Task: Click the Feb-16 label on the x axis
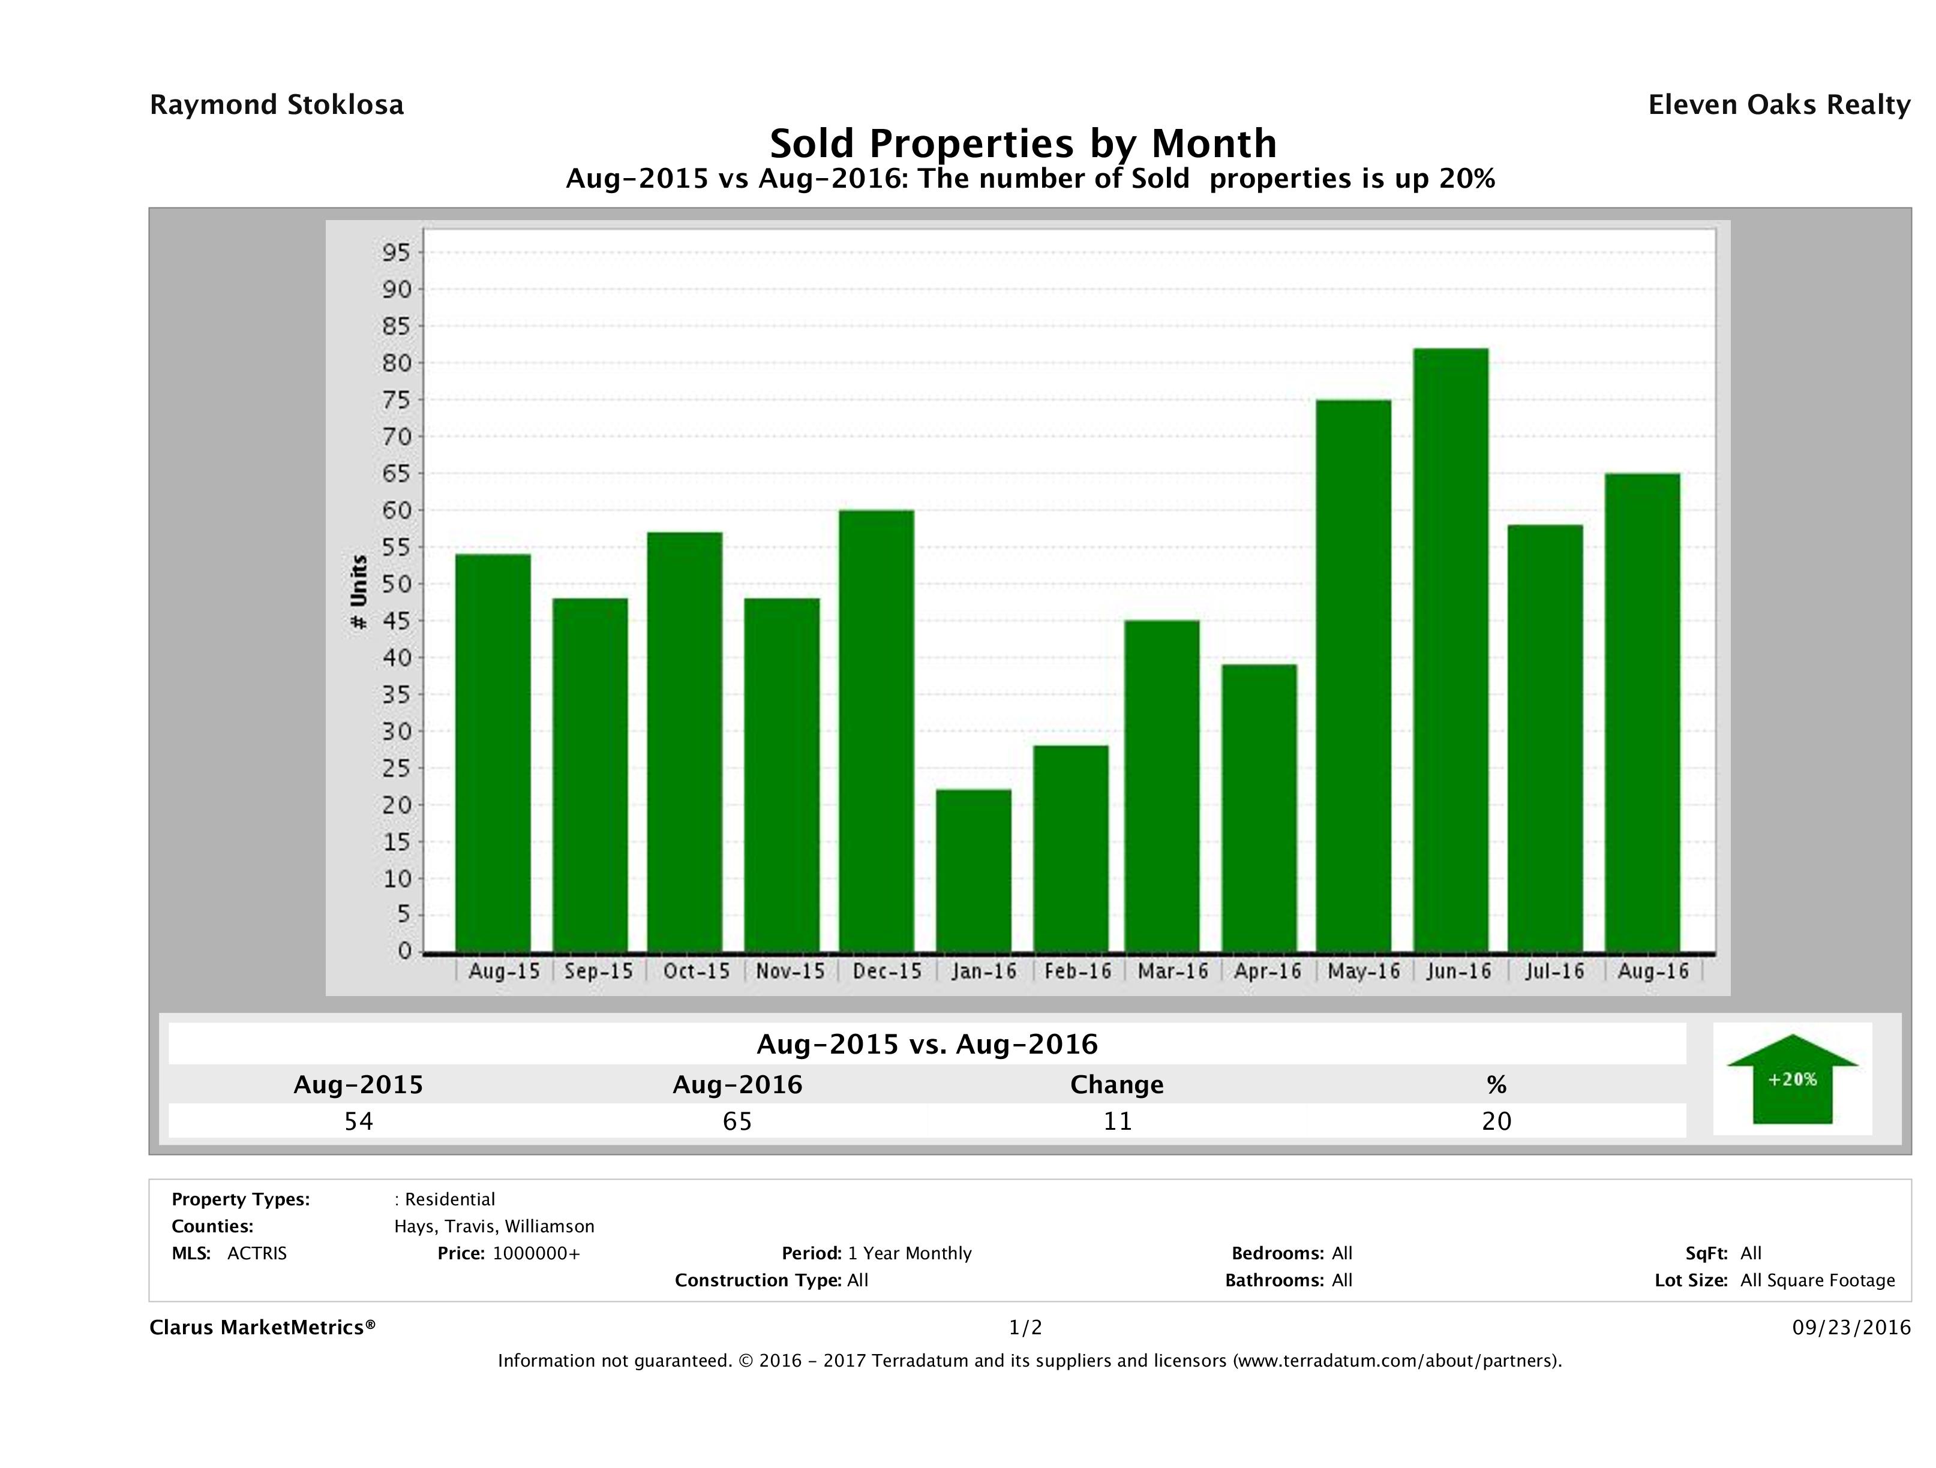tap(1077, 971)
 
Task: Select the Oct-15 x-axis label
tap(696, 971)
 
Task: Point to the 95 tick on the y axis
tap(395, 253)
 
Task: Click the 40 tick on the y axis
tap(395, 658)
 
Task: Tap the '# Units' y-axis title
tap(359, 592)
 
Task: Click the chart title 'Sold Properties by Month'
tap(1022, 143)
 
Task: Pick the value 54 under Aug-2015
tap(359, 1121)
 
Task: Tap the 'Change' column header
tap(1117, 1085)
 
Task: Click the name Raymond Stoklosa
tap(277, 105)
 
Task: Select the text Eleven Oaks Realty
tap(1778, 105)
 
